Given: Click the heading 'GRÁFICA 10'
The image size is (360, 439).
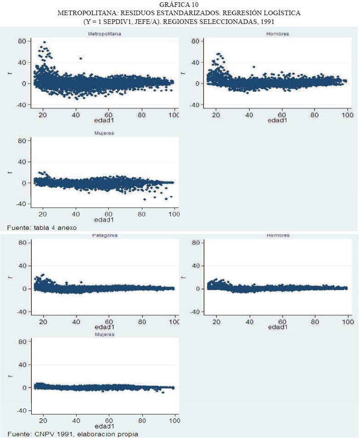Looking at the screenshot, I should [x=179, y=4].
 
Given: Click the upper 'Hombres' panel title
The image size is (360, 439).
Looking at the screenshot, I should [x=277, y=34].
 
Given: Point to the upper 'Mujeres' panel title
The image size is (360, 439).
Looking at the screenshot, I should [x=104, y=133].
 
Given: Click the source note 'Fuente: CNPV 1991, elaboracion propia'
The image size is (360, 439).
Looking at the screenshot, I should [x=73, y=434].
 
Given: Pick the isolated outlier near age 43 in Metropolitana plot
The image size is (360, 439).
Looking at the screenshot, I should [x=81, y=58].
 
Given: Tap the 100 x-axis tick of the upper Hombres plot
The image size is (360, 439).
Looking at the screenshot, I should [x=347, y=114].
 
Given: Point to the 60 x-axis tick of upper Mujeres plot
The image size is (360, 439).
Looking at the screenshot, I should [x=109, y=214].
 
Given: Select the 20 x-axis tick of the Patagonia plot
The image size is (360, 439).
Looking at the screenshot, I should [x=43, y=321].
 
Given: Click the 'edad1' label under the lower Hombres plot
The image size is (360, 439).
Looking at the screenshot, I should [x=278, y=327].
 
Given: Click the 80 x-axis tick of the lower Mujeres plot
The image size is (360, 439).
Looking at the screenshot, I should [x=142, y=420].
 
